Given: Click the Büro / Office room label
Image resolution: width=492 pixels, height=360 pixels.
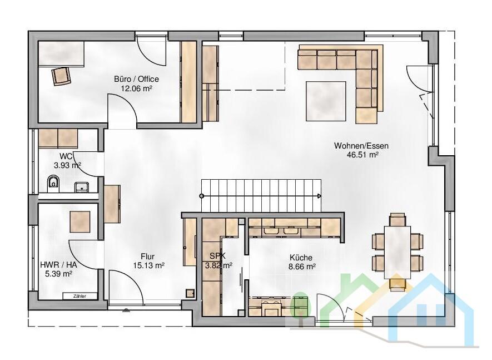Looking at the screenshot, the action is click(137, 79).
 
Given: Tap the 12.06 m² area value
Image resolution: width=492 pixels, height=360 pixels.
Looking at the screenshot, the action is click(137, 88).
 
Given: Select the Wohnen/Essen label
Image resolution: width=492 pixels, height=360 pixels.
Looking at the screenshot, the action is click(361, 146).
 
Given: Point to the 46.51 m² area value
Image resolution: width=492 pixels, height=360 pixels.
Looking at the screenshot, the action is click(362, 155).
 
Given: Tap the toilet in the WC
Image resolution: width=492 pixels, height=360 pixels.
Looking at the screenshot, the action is click(53, 184).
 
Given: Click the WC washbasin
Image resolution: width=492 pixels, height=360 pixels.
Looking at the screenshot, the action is click(82, 187).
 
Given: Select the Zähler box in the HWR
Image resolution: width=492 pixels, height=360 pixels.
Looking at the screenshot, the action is click(79, 296).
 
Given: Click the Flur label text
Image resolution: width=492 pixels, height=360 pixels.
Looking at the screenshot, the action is click(147, 257).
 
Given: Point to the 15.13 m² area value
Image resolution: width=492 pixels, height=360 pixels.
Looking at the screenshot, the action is click(149, 265).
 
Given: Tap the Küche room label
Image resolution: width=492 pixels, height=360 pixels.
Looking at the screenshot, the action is click(301, 258).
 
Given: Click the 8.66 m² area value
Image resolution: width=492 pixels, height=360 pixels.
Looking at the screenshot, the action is click(302, 267).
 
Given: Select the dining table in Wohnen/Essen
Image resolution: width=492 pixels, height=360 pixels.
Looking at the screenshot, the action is click(397, 252).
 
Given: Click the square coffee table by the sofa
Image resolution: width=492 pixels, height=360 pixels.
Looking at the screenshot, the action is click(326, 101).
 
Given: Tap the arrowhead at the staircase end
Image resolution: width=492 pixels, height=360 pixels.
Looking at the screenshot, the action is click(319, 196).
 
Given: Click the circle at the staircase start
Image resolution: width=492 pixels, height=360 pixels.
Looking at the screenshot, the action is click(201, 196).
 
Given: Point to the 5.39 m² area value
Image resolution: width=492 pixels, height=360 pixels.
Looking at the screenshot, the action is click(59, 274).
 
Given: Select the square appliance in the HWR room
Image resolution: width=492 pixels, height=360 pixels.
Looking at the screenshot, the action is click(80, 222).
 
